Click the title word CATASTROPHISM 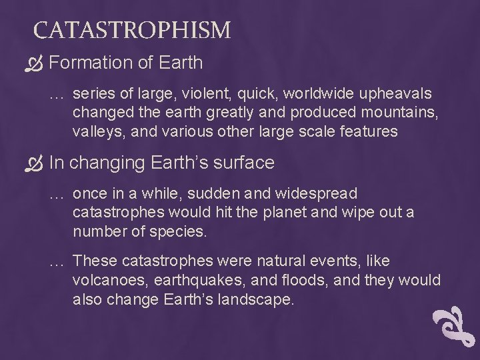coord(132,30)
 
